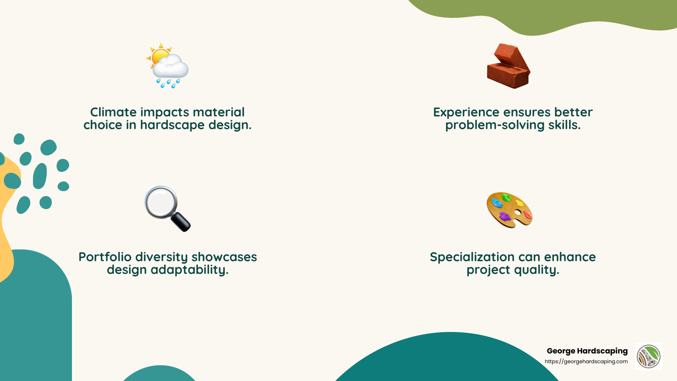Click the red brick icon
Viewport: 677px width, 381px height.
click(x=508, y=66)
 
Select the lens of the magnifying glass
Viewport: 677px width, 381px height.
click(x=160, y=202)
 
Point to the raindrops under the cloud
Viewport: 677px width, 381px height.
click(x=168, y=83)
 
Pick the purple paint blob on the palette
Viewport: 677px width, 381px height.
click(x=504, y=217)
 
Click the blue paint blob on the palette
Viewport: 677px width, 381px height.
click(x=497, y=202)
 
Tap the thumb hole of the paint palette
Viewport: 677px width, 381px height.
click(x=518, y=212)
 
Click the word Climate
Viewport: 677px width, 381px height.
click(x=113, y=112)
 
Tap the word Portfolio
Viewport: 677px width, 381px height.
click(x=105, y=257)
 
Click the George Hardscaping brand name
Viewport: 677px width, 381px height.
click(x=587, y=351)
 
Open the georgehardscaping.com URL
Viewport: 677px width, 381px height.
click(x=586, y=362)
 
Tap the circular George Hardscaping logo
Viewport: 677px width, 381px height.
click(x=649, y=356)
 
